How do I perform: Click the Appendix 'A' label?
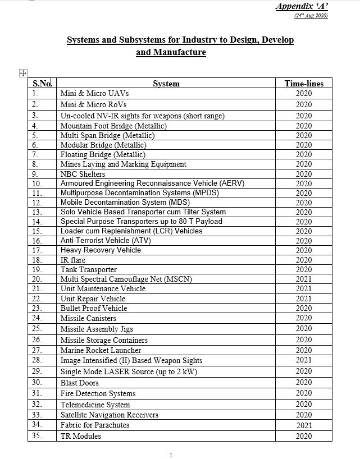pos(302,6)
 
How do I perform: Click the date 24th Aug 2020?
pos(311,16)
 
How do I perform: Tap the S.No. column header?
pos(42,84)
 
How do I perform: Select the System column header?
pos(166,84)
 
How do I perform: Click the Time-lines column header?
pos(304,84)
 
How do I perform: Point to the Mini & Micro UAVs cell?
pos(95,93)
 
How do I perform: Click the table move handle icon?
pos(23,73)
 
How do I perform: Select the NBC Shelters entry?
pos(83,174)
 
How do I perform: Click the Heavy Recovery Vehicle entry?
pos(101,250)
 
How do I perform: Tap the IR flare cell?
pos(72,260)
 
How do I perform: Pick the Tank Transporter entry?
pos(89,269)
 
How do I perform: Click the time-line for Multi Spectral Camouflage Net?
pos(304,279)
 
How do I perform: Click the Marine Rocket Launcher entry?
pos(101,350)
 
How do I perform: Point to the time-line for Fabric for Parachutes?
pos(304,425)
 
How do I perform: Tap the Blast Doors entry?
pos(80,383)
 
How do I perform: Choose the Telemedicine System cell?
pos(95,405)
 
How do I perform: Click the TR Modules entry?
pos(81,436)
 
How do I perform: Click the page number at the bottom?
pos(171,455)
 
